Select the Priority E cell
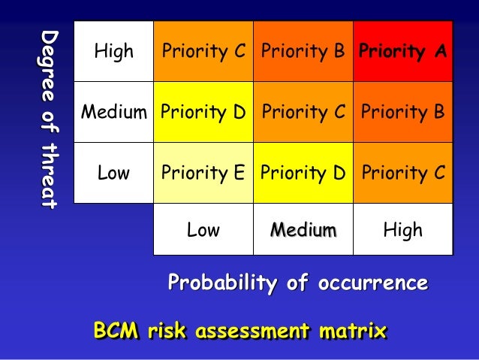tap(203, 173)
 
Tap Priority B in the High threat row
tap(303, 52)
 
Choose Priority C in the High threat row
tap(203, 52)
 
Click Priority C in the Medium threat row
tap(303, 113)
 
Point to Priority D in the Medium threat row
tap(203, 113)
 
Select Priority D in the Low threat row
tap(303, 173)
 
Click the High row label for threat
tap(113, 52)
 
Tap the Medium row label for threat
tap(113, 113)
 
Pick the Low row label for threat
tap(113, 173)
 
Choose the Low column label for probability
tap(203, 229)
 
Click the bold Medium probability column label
tap(303, 229)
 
